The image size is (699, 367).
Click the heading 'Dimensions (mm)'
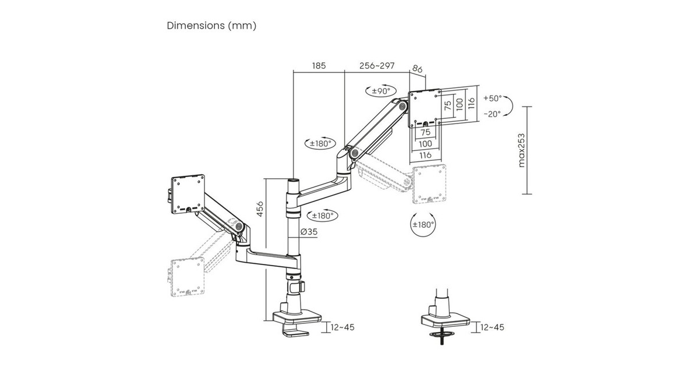point(211,26)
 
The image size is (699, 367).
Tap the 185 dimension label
point(319,66)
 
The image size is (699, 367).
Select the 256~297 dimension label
point(377,66)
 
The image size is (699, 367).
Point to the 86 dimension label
point(418,69)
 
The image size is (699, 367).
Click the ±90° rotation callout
point(381,91)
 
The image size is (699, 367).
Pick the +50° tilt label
point(493,98)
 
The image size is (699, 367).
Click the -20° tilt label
point(492,114)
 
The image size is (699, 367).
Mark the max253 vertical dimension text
point(521,150)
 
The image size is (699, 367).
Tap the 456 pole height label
point(260,209)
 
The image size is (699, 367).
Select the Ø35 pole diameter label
point(309,232)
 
